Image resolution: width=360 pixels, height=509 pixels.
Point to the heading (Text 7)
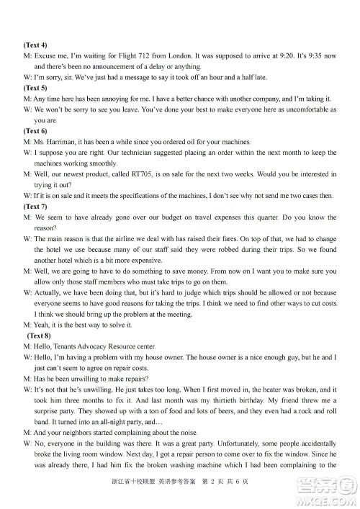tap(35, 206)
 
